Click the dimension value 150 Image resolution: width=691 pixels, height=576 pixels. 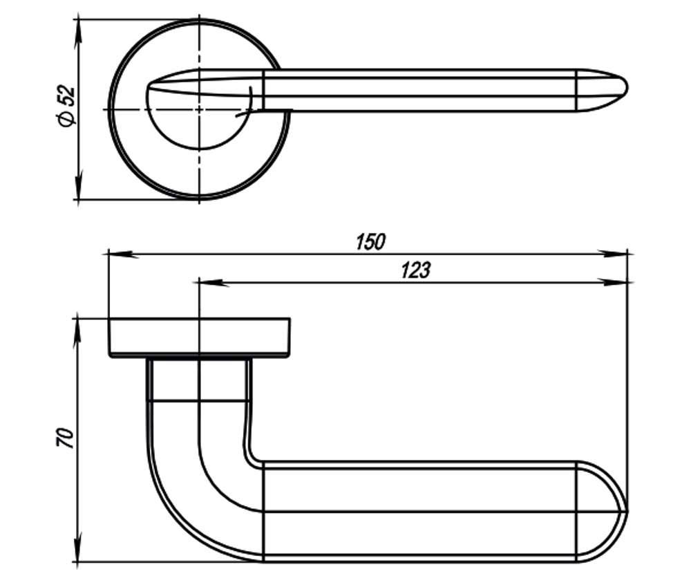(x=370, y=242)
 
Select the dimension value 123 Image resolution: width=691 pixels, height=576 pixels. (x=415, y=270)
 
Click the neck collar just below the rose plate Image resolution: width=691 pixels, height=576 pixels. (x=199, y=380)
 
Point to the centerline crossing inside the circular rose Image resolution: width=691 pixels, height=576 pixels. (x=199, y=109)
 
